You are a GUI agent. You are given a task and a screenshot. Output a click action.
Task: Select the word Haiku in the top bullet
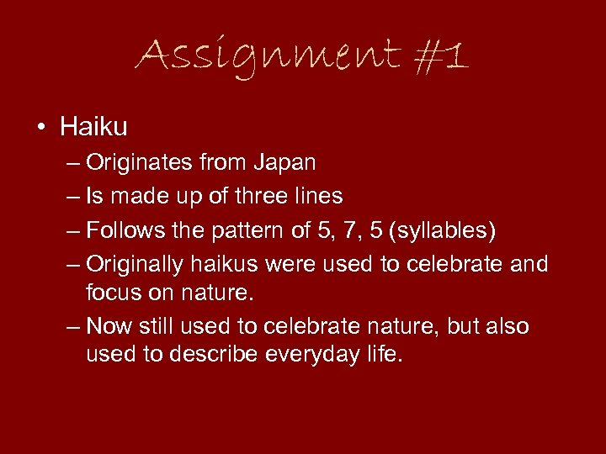tap(93, 127)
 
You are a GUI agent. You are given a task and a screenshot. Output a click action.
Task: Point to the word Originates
tap(138, 162)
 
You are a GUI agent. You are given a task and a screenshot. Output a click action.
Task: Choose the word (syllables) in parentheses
tap(439, 230)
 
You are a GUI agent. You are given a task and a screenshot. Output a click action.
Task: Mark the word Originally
tap(135, 265)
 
